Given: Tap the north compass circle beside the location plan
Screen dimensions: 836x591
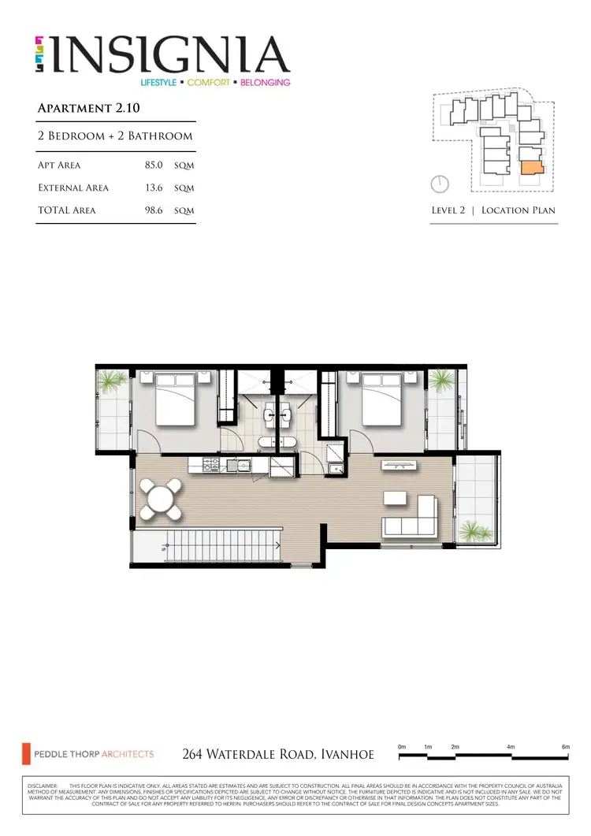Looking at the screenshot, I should pos(440,184).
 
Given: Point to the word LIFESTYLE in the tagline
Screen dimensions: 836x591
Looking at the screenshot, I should pos(161,82).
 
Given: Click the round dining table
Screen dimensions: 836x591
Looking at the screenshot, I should pos(162,500).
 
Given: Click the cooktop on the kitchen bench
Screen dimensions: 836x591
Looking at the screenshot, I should pos(212,464).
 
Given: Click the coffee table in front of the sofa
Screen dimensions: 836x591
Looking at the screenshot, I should pos(395,499).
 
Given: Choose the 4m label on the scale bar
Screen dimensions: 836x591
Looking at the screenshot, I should pos(511,746).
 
